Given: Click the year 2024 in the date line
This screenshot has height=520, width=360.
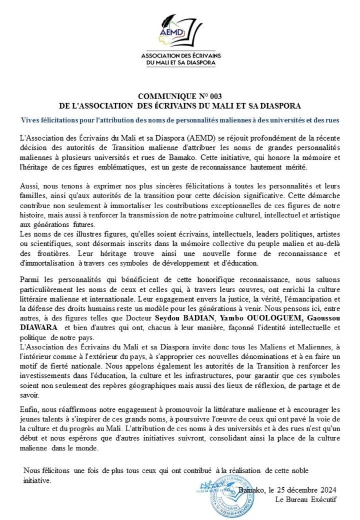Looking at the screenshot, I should coord(324,490).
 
